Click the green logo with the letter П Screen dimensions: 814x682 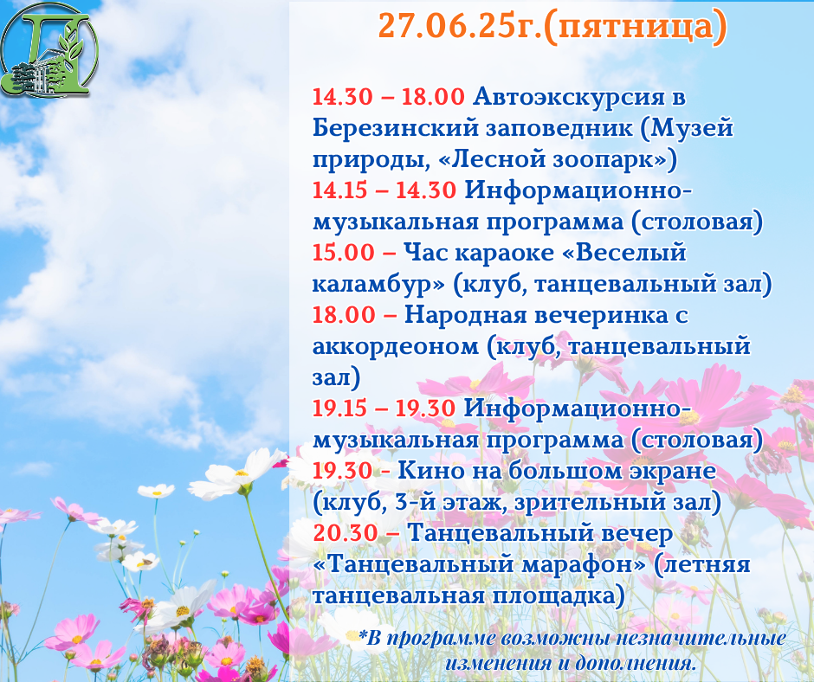pyautogui.click(x=49, y=50)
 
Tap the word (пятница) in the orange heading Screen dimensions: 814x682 pyautogui.click(x=636, y=27)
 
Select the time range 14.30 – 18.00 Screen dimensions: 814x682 pyautogui.click(x=388, y=97)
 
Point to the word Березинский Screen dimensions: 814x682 pyautogui.click(x=395, y=128)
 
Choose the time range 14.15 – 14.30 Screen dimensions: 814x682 pyautogui.click(x=384, y=190)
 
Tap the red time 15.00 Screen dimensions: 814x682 pyautogui.click(x=343, y=252)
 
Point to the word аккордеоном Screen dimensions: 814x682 pyautogui.click(x=395, y=347)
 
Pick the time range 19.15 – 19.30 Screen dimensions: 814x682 pyautogui.click(x=384, y=408)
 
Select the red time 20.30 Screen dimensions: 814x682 pyautogui.click(x=345, y=532)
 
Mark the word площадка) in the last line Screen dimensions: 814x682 pyautogui.click(x=558, y=595)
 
